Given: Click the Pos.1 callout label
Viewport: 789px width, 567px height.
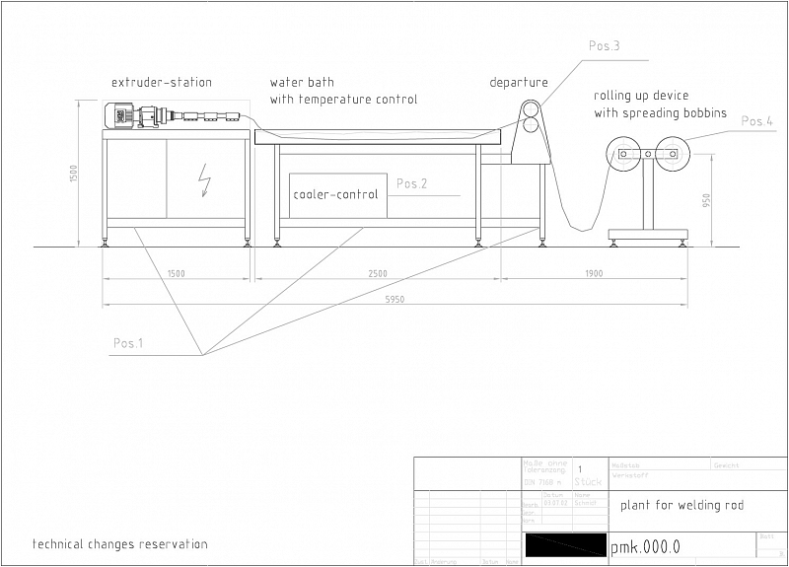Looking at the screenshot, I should (127, 343).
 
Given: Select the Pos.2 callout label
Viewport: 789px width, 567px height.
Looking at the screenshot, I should (411, 183).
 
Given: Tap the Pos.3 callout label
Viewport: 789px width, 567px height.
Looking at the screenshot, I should (604, 45).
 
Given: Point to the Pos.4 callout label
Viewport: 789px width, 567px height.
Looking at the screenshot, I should (756, 121).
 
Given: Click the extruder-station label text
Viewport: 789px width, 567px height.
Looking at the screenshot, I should (161, 82).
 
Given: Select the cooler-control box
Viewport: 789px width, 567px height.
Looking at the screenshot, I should (335, 195).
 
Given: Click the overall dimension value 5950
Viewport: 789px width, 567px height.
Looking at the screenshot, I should (393, 299).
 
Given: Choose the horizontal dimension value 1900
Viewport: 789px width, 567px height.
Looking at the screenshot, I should (592, 273).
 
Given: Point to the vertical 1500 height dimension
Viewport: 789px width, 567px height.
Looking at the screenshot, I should (74, 173).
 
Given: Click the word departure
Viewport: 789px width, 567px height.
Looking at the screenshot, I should (518, 82).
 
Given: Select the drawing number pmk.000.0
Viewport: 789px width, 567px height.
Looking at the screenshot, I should (645, 546).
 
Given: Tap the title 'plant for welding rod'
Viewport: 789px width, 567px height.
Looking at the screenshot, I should (681, 506).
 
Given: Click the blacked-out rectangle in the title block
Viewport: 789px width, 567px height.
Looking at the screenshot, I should (565, 544).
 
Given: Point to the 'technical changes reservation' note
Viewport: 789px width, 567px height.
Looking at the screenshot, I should (120, 543).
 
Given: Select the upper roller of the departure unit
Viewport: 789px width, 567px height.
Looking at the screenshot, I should (531, 107).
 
